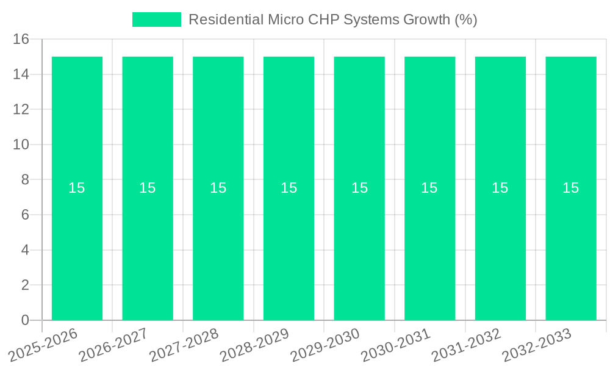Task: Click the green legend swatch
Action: [157, 20]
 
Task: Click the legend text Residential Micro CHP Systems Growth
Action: [332, 20]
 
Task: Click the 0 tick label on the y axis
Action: [25, 320]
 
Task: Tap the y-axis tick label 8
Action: [25, 180]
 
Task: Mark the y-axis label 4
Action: [25, 250]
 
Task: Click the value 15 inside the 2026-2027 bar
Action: [148, 188]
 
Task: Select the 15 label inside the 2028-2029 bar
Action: [289, 188]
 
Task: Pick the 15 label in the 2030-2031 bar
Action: [429, 188]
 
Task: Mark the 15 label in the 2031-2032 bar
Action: [500, 188]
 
